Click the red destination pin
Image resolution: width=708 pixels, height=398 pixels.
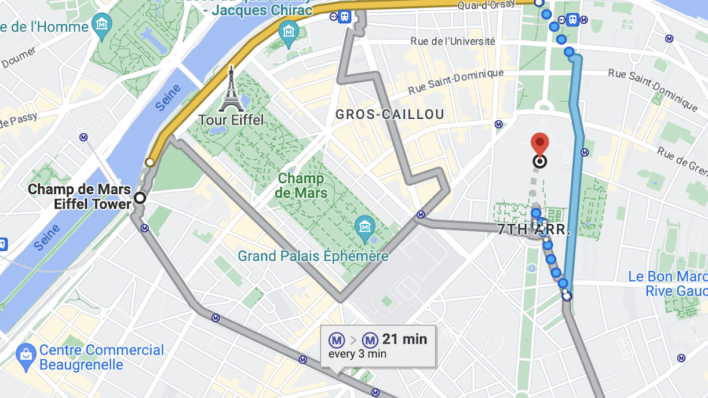tap(540, 143)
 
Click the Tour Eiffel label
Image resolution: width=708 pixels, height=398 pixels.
tap(231, 120)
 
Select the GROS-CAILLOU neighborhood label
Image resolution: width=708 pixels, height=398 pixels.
tap(390, 114)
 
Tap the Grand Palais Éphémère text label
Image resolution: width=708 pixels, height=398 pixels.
tap(313, 255)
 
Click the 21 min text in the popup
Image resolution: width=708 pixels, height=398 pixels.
tap(404, 339)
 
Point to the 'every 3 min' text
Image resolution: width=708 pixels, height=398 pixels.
tap(357, 354)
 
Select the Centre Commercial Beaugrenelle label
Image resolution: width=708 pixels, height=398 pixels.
tap(101, 357)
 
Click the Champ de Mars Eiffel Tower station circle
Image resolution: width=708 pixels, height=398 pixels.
tap(140, 198)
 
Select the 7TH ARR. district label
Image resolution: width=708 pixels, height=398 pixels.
tap(534, 229)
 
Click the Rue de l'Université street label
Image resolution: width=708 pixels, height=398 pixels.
tap(452, 41)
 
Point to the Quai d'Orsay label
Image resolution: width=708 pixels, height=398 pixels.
tap(493, 5)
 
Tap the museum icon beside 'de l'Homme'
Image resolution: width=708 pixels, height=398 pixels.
tap(103, 24)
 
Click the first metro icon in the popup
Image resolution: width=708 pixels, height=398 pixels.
tap(337, 340)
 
